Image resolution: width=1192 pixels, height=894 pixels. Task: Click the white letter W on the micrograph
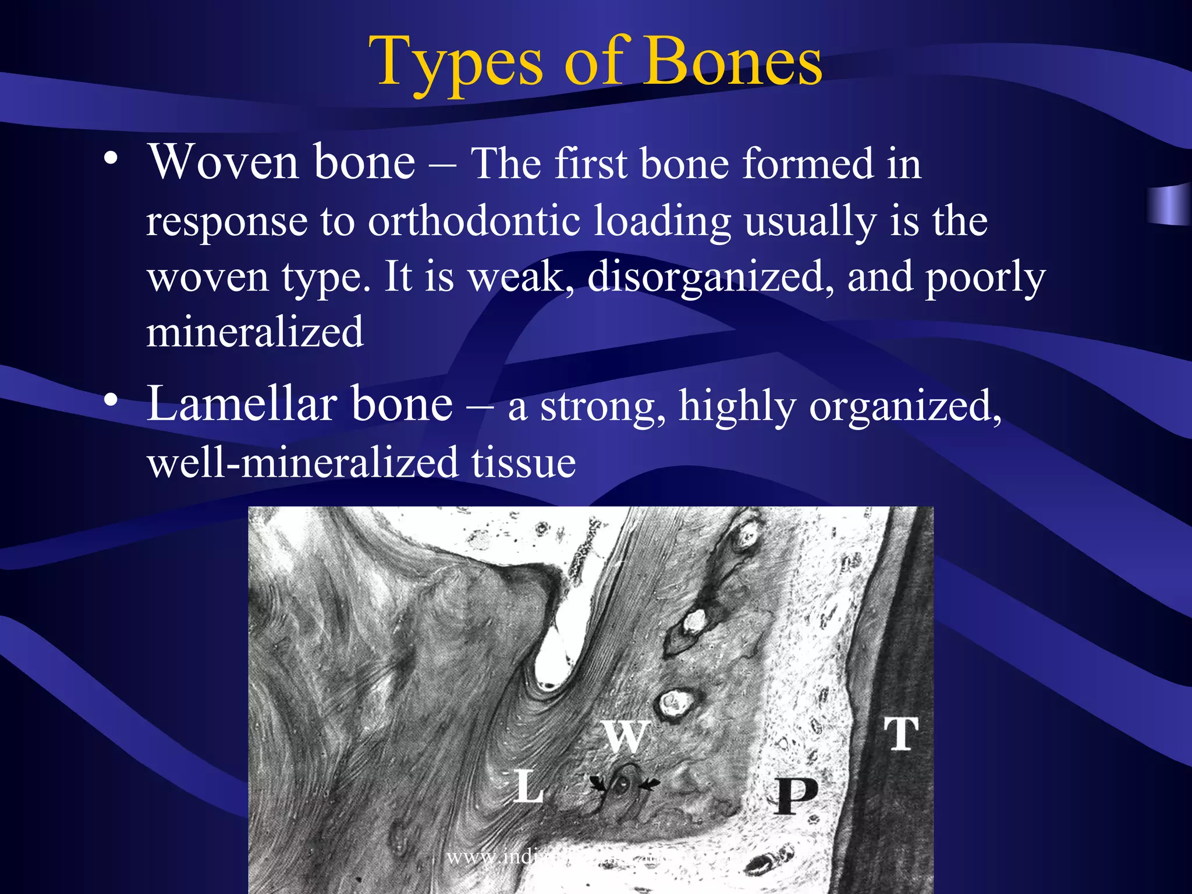[x=625, y=736]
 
